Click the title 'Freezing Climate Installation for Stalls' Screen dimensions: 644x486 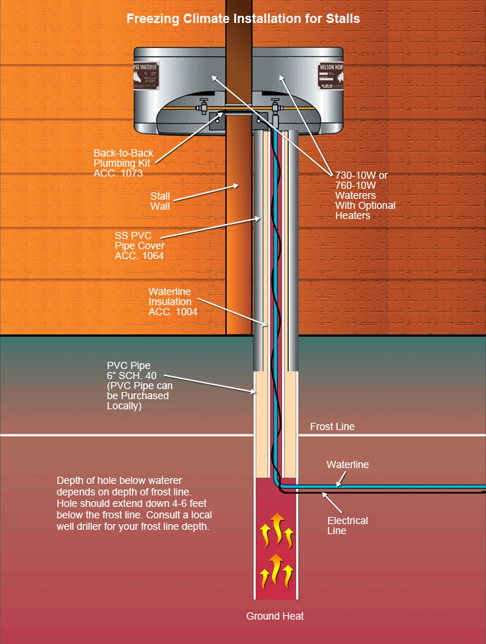tap(243, 19)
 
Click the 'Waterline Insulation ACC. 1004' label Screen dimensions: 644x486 tap(172, 302)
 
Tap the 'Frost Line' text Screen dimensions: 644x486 tap(332, 426)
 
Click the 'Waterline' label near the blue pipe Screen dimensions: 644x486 tap(347, 465)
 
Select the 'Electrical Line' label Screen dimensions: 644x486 tap(347, 526)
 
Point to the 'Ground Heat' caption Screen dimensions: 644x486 tap(275, 616)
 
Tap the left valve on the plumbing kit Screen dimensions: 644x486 tap(203, 108)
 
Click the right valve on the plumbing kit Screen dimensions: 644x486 tap(275, 108)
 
